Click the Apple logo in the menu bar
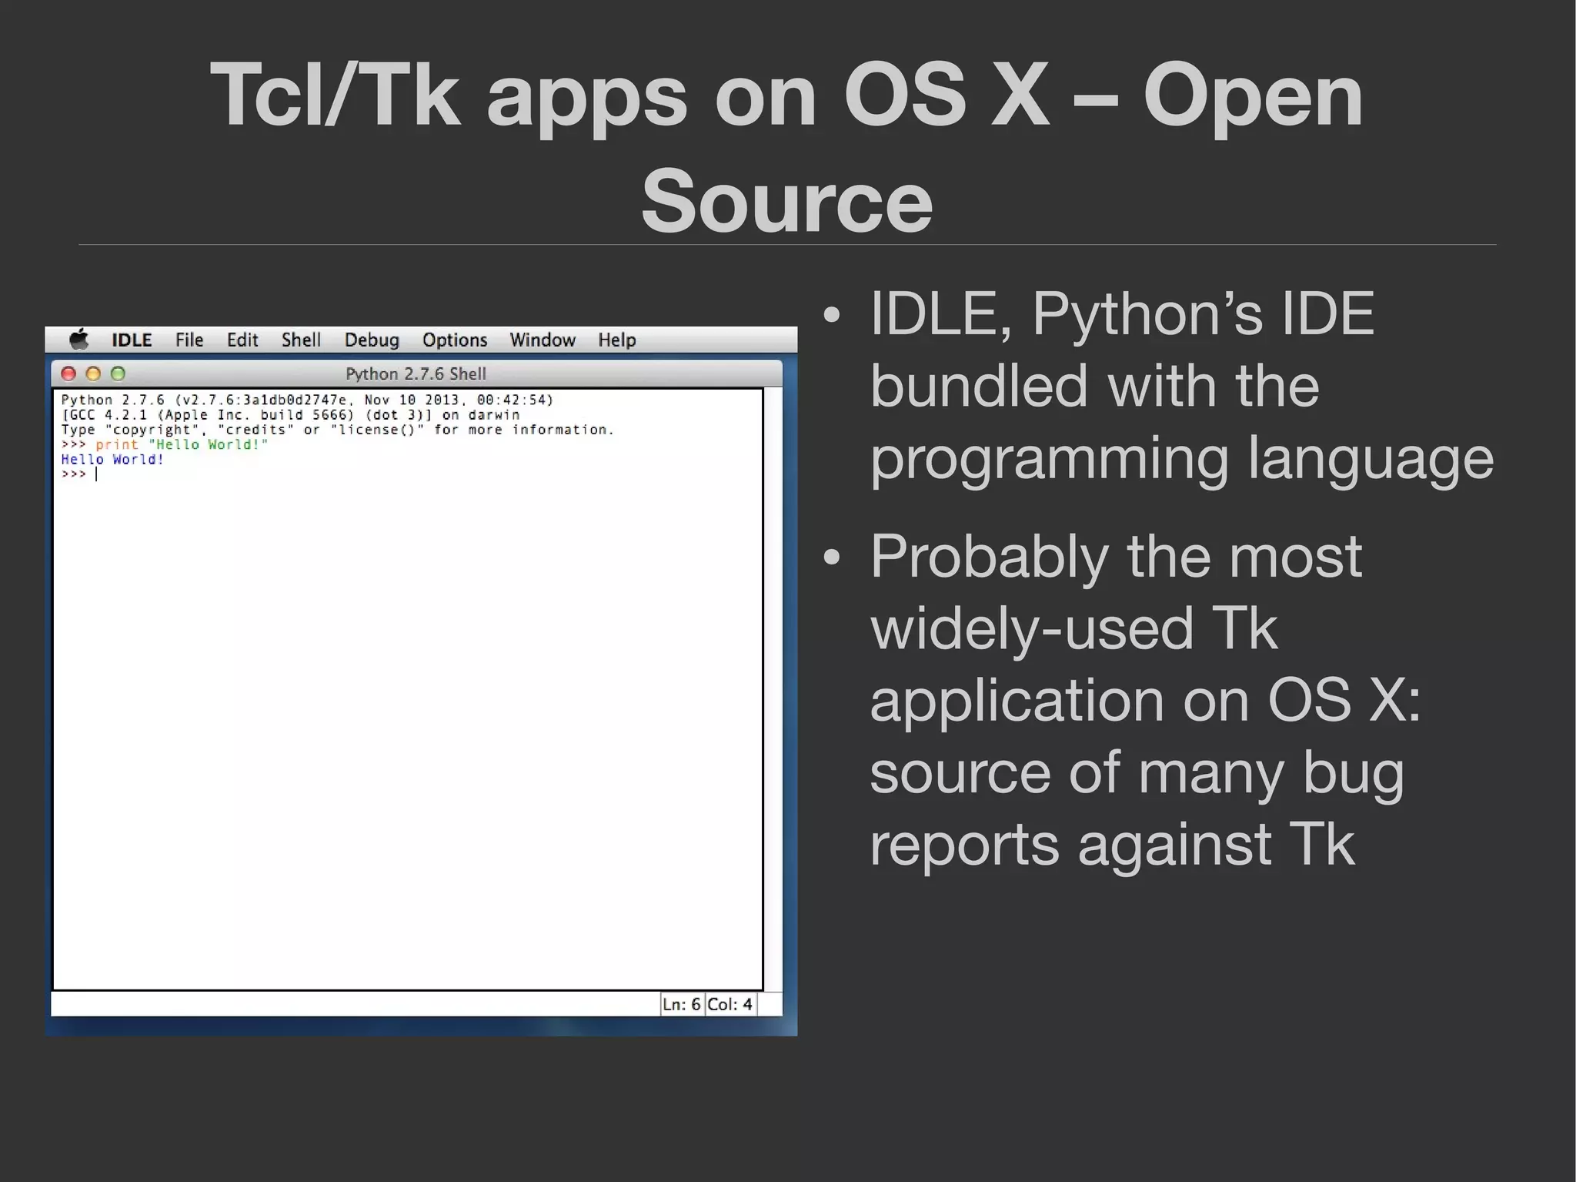[x=79, y=340]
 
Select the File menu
[x=189, y=340]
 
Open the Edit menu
[x=242, y=340]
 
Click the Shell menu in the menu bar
[x=301, y=340]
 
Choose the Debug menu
[x=372, y=340]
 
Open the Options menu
[x=455, y=340]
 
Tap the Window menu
[x=543, y=340]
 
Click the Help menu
[x=617, y=340]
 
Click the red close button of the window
[x=68, y=374]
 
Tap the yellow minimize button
[x=93, y=374]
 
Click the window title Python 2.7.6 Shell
[x=416, y=374]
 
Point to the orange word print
[x=117, y=445]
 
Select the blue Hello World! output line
[x=112, y=460]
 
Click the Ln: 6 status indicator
[x=682, y=1004]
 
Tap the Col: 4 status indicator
[x=730, y=1004]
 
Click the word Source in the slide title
[x=786, y=202]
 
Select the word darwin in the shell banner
[x=493, y=415]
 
